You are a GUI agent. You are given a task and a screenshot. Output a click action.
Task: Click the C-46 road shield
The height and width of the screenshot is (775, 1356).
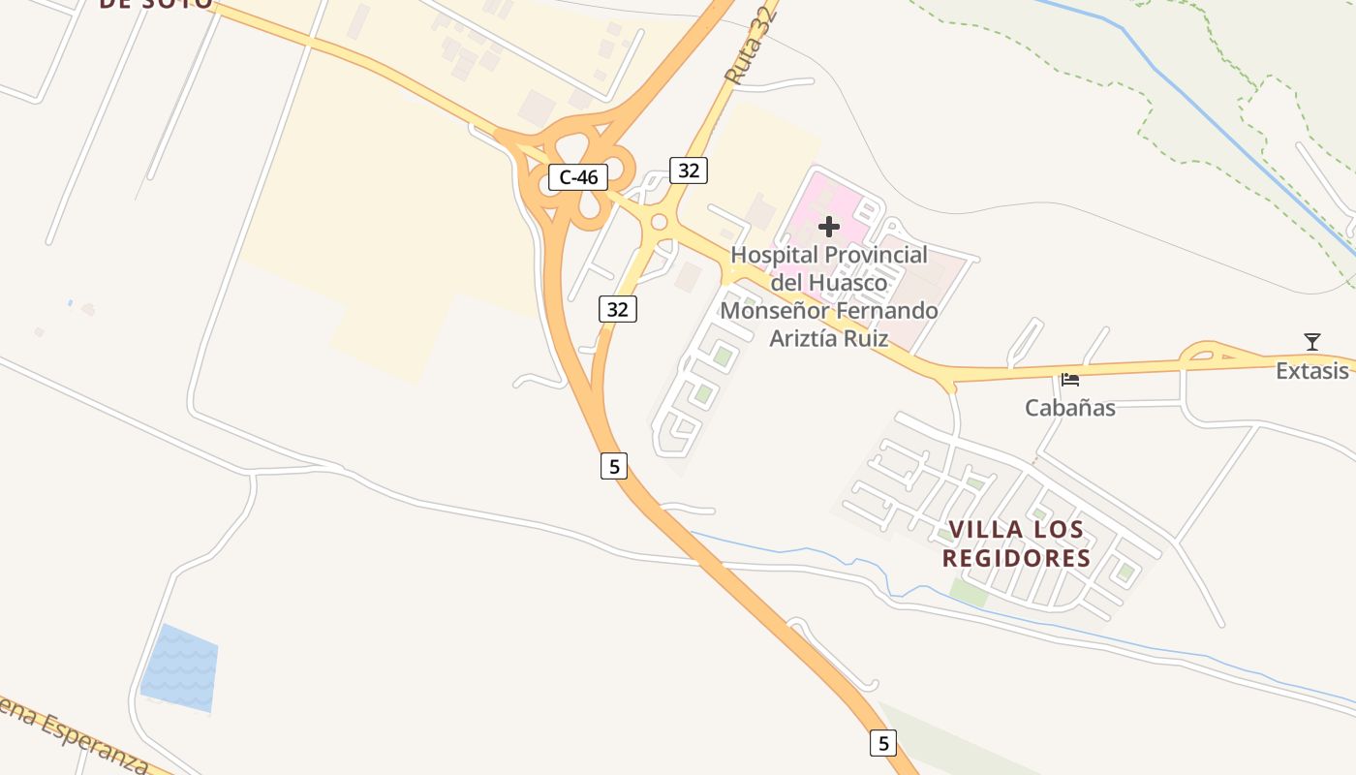click(578, 177)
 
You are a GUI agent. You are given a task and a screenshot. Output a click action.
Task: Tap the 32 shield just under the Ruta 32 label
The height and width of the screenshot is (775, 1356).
click(688, 170)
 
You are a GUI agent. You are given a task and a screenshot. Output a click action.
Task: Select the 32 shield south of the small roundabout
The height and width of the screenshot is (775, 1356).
click(617, 309)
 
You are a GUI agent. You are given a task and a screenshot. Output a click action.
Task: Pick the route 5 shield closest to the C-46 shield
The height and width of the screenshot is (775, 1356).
click(613, 466)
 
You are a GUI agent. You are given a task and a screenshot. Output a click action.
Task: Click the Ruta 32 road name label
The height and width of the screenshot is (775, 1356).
click(752, 46)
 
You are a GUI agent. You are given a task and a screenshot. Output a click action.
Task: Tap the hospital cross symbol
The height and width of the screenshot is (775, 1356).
click(829, 227)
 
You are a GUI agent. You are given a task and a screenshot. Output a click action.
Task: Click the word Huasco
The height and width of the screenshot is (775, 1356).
click(847, 283)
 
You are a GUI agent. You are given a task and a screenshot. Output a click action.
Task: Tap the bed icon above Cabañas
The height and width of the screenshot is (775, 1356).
click(1069, 380)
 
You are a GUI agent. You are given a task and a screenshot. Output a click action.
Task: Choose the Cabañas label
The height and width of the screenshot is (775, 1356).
click(1070, 408)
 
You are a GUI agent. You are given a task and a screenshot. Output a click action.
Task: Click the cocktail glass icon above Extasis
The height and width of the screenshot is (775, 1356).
click(1312, 342)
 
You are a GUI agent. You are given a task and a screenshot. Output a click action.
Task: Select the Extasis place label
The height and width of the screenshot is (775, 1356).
click(1311, 371)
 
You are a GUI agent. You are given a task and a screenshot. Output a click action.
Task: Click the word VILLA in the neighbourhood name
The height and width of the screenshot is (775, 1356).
click(986, 530)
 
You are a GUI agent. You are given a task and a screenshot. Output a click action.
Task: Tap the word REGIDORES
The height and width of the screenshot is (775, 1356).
click(1016, 559)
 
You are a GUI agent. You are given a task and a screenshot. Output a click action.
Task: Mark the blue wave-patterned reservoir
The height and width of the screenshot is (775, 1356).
click(180, 668)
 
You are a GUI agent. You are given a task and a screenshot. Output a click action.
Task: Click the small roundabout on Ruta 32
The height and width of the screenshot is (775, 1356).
click(660, 223)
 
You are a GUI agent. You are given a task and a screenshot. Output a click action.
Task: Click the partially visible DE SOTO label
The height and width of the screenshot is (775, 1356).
click(155, 3)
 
